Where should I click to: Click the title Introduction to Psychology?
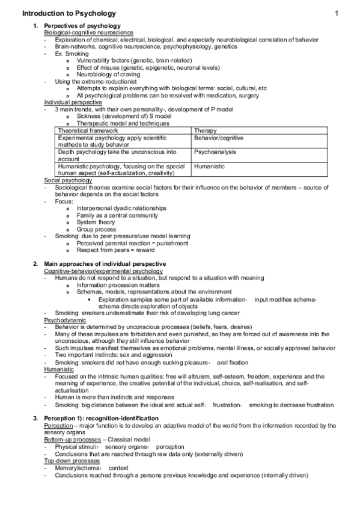(70, 13)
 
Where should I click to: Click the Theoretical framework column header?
(88, 130)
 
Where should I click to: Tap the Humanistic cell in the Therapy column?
(209, 166)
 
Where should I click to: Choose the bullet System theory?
(97, 222)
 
